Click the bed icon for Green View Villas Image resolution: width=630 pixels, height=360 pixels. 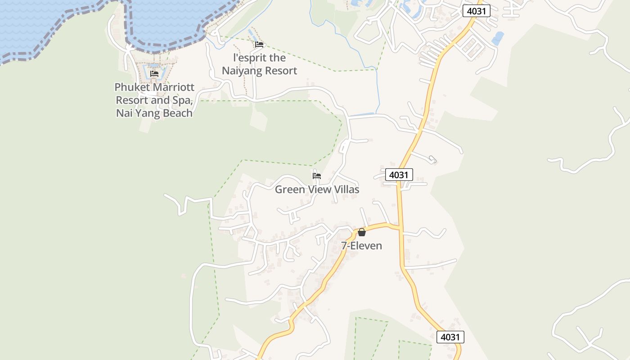[x=317, y=176]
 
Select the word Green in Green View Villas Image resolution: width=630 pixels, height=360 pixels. [x=289, y=189]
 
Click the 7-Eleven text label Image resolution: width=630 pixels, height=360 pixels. [x=361, y=246]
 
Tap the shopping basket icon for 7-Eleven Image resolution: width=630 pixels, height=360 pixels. [x=361, y=232]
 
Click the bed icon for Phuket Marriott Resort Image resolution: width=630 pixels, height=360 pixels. [x=154, y=74]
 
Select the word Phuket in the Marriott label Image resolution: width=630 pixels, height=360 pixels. [x=131, y=87]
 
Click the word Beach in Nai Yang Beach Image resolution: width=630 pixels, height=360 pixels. [x=177, y=113]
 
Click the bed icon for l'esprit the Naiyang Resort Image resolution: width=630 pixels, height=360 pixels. [x=259, y=45]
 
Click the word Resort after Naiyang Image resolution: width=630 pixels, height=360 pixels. [x=281, y=71]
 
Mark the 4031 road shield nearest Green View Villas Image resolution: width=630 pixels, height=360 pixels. [x=399, y=175]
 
